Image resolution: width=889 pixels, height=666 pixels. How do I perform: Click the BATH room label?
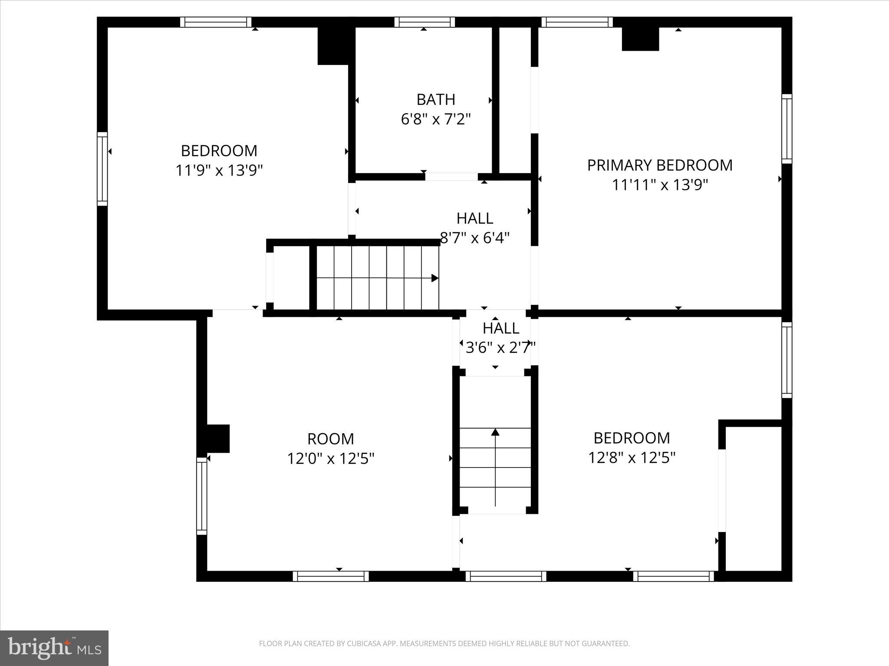436,100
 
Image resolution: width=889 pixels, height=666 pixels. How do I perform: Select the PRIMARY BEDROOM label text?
659,165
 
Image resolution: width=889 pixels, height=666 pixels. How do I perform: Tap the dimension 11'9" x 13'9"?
219,170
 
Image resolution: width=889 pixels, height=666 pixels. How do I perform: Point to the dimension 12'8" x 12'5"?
632,457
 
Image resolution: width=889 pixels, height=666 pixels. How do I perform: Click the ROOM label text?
330,439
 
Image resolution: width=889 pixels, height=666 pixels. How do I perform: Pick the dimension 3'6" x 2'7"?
500,347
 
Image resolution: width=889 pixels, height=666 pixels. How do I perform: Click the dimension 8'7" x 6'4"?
475,238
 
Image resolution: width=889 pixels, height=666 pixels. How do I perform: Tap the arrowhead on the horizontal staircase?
435,278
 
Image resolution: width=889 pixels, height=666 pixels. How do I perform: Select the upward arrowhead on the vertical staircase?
495,432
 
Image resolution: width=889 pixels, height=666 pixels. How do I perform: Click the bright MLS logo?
54,648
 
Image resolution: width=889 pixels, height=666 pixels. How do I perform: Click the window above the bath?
425,22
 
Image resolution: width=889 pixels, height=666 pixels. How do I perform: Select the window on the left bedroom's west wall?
102,169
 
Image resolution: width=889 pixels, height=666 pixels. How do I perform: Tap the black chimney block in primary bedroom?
640,39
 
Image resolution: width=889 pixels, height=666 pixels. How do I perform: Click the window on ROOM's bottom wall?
331,576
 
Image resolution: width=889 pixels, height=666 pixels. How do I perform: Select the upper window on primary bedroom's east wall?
787,129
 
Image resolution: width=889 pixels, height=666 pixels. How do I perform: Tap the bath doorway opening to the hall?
451,176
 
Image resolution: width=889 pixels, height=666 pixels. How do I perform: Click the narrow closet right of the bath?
515,100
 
